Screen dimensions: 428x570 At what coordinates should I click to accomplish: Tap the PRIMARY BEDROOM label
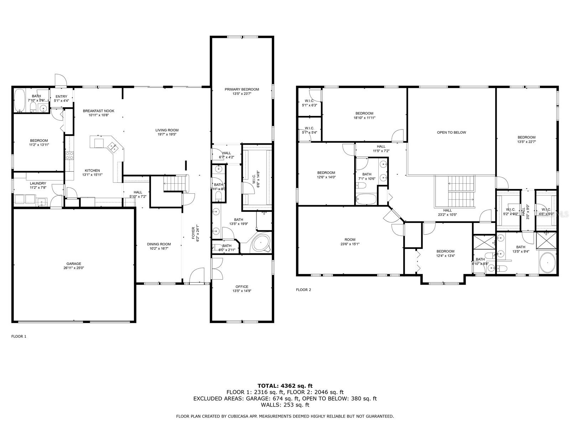[x=242, y=89]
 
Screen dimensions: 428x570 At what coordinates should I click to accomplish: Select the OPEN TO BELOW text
[x=451, y=132]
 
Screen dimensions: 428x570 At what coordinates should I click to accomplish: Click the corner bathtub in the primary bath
[x=261, y=243]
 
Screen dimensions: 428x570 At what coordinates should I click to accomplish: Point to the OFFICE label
[x=242, y=286]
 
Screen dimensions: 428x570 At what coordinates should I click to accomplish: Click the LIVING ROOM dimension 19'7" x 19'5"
[x=167, y=134]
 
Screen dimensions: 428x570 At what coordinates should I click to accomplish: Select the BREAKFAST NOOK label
[x=98, y=111]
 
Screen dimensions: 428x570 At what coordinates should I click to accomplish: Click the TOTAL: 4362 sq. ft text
[x=285, y=386]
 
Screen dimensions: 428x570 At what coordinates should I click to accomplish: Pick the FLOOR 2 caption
[x=303, y=290]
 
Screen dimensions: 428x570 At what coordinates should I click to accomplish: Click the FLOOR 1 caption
[x=19, y=336]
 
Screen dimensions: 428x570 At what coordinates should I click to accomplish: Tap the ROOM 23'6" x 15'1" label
[x=349, y=242]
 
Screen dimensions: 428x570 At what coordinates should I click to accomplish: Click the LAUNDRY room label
[x=38, y=183]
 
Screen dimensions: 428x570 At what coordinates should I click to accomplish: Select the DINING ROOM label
[x=159, y=244]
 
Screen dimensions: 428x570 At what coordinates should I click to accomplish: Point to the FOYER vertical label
[x=193, y=233]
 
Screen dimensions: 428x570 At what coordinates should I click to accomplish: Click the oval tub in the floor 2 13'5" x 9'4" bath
[x=548, y=263]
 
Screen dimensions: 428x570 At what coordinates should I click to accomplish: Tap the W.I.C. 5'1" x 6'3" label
[x=309, y=103]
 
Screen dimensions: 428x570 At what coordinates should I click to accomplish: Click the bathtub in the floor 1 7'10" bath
[x=20, y=100]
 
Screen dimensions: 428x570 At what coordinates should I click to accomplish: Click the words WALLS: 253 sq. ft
[x=285, y=405]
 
